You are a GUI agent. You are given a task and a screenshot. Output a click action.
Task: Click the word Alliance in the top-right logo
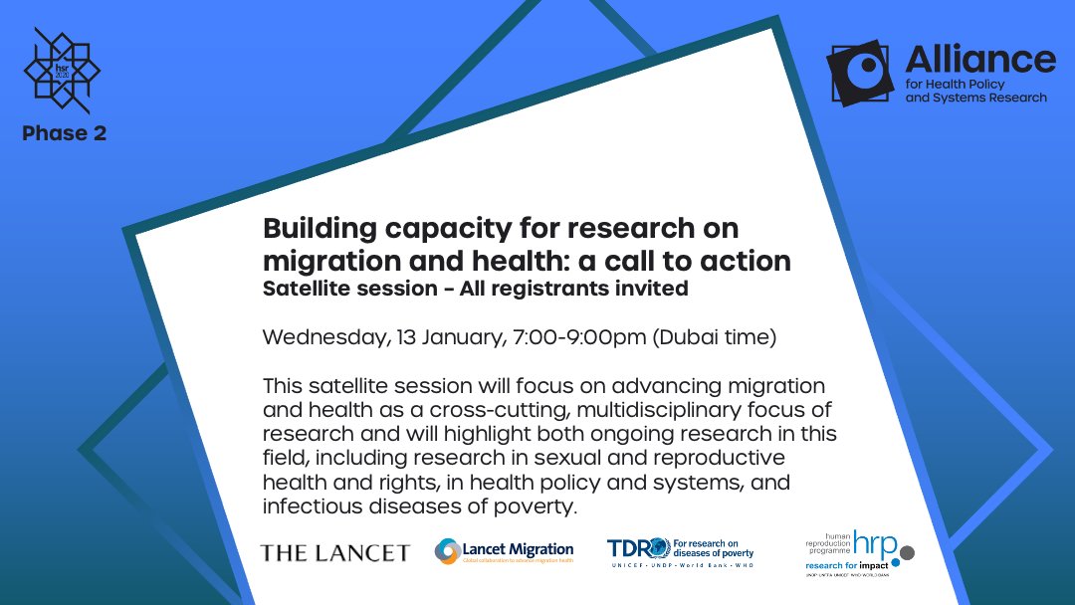click(979, 59)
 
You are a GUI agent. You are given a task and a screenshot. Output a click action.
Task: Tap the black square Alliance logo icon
click(861, 73)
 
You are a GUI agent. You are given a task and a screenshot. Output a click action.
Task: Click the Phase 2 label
click(64, 133)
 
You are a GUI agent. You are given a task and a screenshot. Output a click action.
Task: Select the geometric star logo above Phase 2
click(62, 71)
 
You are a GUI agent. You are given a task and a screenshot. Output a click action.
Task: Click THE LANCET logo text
click(334, 552)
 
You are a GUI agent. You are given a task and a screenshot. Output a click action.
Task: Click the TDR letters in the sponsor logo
click(633, 548)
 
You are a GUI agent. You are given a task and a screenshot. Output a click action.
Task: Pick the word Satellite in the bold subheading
click(305, 289)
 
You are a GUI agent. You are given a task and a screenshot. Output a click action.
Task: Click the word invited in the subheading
click(653, 289)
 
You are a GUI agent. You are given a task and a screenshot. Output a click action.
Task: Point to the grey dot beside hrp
click(906, 551)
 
